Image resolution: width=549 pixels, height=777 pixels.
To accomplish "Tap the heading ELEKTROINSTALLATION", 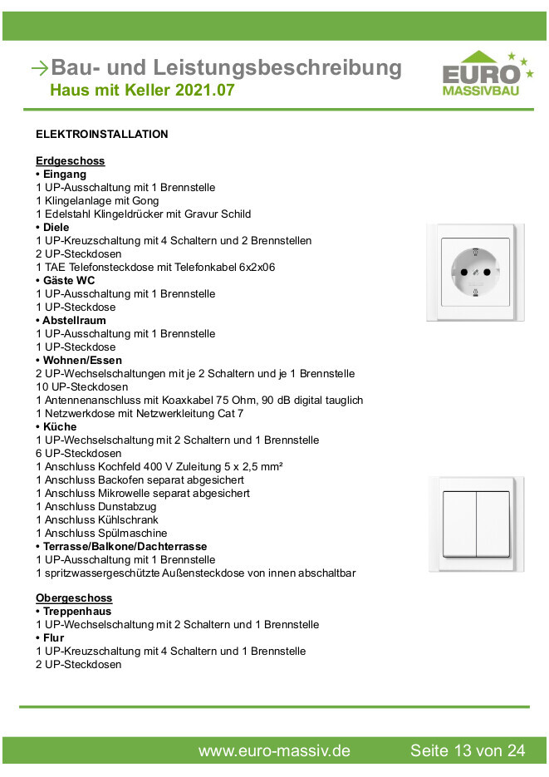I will pyautogui.click(x=102, y=134).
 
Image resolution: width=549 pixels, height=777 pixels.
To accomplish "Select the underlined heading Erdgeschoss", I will pyautogui.click(x=70, y=160).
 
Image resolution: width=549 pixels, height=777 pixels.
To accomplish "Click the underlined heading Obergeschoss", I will pyautogui.click(x=74, y=598).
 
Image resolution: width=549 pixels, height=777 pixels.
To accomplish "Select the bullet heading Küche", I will pyautogui.click(x=59, y=426).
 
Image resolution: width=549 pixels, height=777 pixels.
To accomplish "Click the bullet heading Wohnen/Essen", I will pyautogui.click(x=81, y=360).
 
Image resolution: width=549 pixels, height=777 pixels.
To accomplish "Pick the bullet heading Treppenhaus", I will pyautogui.click(x=76, y=611).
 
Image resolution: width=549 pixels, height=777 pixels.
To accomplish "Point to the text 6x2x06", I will pyautogui.click(x=256, y=267).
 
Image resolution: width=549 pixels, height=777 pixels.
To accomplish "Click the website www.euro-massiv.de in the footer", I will pyautogui.click(x=274, y=750).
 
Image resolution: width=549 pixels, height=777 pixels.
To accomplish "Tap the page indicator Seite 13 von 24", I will pyautogui.click(x=468, y=750).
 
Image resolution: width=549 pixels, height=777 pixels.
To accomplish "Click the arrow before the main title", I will pyautogui.click(x=38, y=68).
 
